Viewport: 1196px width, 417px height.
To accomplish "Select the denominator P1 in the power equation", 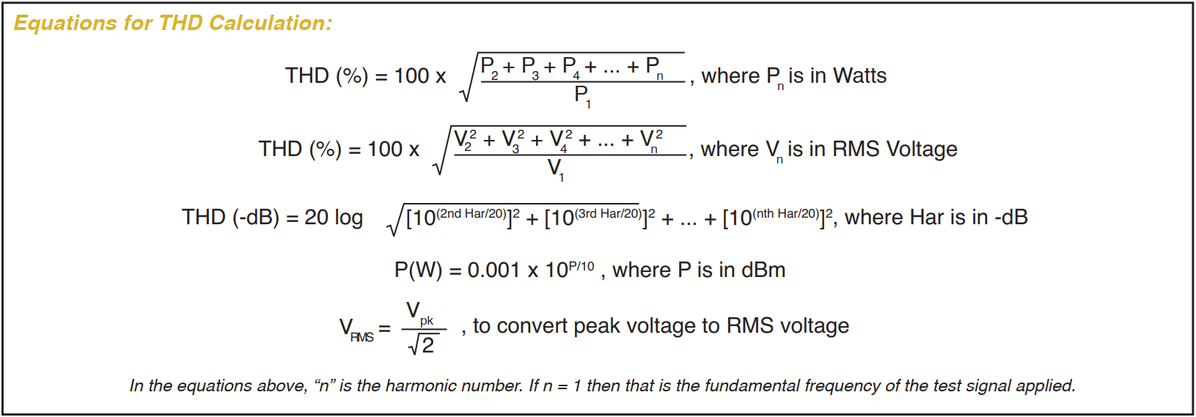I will pos(582,96).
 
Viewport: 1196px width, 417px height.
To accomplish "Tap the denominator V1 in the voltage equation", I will pos(556,169).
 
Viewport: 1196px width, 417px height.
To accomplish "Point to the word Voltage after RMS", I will pos(922,149).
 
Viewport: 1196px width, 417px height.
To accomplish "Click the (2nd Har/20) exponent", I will pos(471,213).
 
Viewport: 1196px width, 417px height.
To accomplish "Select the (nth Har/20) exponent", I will pos(785,213).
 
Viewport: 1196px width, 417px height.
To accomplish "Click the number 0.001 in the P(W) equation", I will pos(495,270).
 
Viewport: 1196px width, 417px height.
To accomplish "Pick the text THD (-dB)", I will pos(230,218).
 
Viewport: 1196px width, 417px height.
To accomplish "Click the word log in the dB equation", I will pos(348,218).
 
